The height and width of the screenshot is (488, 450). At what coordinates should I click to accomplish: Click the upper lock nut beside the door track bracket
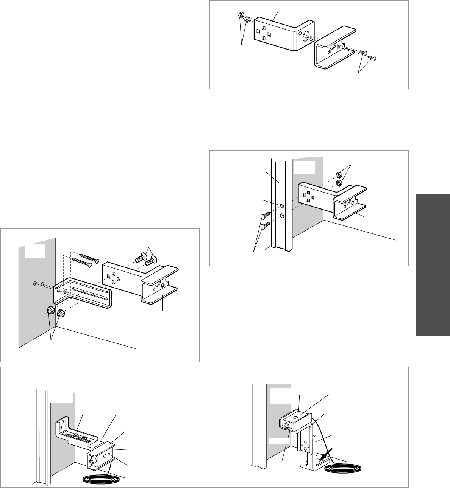point(339,175)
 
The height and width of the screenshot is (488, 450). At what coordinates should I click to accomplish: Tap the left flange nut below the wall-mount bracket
point(49,311)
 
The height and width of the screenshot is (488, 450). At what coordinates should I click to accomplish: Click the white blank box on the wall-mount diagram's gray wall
point(34,250)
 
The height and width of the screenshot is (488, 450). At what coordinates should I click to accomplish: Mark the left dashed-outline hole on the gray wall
point(35,283)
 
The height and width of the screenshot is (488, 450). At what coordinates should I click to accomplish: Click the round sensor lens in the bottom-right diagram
point(287,426)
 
